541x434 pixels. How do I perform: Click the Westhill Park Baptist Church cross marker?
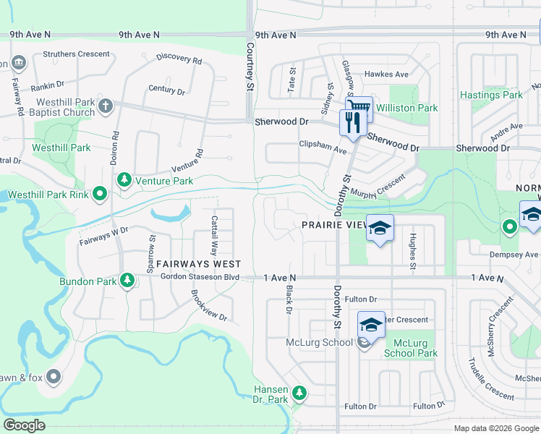105,106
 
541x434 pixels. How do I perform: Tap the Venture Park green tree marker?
124,179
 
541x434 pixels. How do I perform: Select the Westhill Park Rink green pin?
101,194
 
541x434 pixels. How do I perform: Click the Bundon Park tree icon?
127,278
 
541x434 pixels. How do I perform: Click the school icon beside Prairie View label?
380,229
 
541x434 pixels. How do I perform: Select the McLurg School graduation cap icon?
370,325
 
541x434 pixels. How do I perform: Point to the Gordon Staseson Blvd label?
200,277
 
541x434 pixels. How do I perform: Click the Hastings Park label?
492,95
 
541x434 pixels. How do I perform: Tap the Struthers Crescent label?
77,54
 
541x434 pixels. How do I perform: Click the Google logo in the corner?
25,425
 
